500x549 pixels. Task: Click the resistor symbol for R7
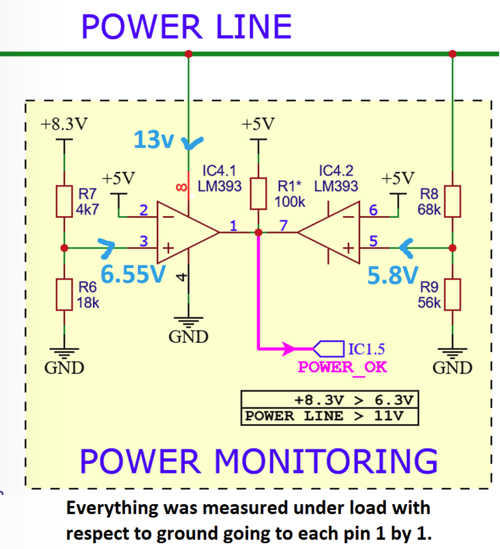coord(64,202)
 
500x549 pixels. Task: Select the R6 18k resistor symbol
coord(64,294)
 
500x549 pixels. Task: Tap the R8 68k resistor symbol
coord(452,202)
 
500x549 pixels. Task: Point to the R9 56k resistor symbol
coord(452,294)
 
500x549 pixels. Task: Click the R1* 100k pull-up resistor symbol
coord(258,193)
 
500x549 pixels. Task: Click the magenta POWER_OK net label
coord(342,367)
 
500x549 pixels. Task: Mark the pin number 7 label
coord(283,225)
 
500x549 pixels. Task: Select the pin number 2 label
coord(144,209)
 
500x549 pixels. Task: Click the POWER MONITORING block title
coord(258,461)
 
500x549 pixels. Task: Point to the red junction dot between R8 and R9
coord(452,248)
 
